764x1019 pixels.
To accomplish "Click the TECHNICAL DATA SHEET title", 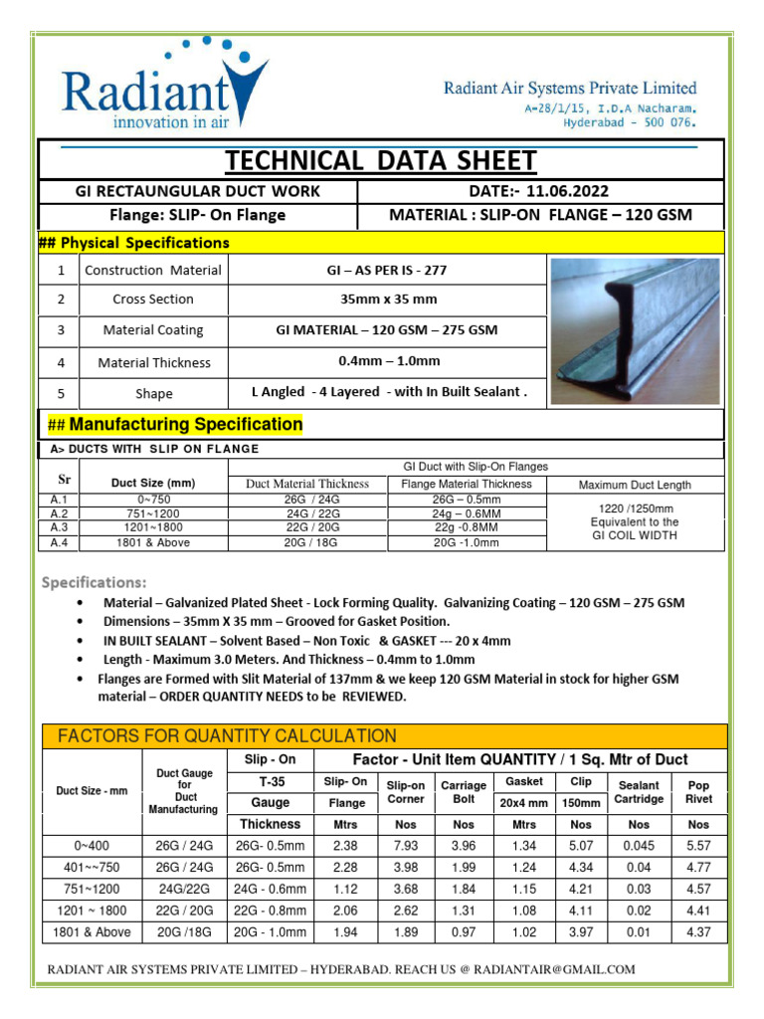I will click(x=381, y=160).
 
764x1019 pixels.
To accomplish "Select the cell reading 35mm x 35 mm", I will click(x=388, y=299).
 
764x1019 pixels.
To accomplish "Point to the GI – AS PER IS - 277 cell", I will click(x=388, y=270).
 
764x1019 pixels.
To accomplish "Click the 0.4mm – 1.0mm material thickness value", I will click(x=388, y=361).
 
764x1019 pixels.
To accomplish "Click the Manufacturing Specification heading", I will click(x=176, y=424).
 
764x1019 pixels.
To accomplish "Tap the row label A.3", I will click(x=59, y=527).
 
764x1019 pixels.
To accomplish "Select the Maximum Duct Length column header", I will click(x=635, y=485).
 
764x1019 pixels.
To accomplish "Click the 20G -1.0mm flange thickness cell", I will click(x=467, y=543).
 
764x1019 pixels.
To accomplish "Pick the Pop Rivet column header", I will click(x=698, y=792).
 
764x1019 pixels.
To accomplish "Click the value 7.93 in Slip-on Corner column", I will click(x=406, y=845).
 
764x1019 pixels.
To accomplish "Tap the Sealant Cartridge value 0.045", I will click(x=639, y=845).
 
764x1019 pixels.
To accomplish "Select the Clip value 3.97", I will click(x=581, y=932).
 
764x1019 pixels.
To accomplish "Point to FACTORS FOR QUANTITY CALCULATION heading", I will click(x=227, y=736).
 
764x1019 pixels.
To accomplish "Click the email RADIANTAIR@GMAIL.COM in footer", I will click(x=553, y=969).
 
